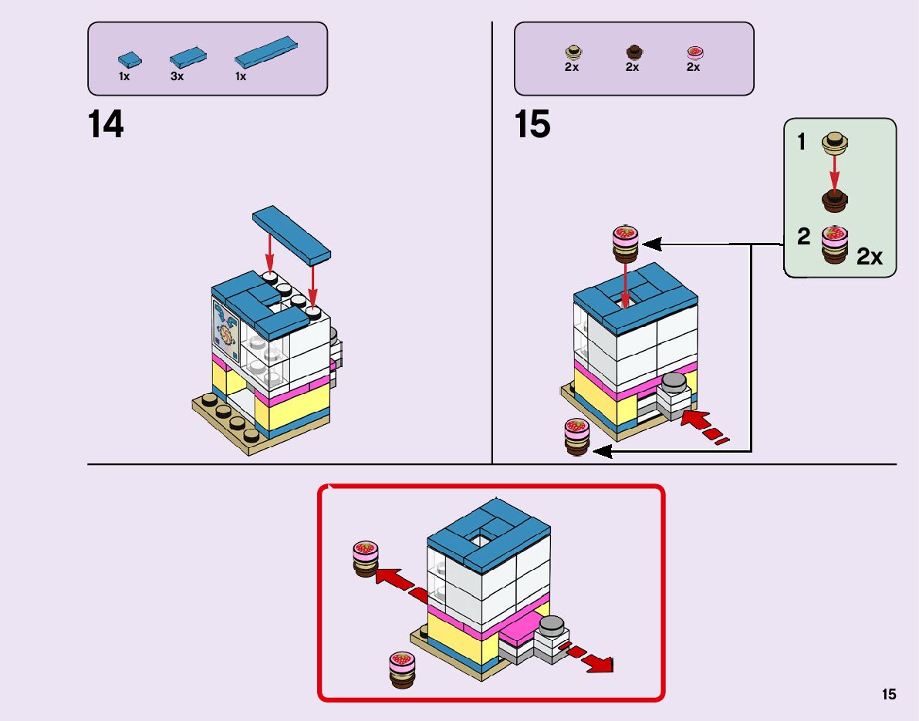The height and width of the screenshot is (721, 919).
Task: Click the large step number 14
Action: coord(106,124)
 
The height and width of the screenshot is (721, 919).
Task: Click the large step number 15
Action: coord(532,124)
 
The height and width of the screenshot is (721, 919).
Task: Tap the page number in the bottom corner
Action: coord(889,694)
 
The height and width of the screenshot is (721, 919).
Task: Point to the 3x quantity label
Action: coord(177,77)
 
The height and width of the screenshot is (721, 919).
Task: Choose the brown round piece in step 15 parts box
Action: coord(634,52)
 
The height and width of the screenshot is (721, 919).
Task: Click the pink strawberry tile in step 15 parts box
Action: coord(694,52)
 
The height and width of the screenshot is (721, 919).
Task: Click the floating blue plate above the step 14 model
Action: coord(292,231)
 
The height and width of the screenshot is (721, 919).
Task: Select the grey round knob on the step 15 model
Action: coord(674,382)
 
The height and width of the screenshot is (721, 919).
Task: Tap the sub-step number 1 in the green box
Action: coord(802,142)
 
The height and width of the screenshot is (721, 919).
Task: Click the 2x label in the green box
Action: coord(870,257)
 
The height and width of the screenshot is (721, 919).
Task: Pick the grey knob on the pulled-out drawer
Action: coord(551,625)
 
